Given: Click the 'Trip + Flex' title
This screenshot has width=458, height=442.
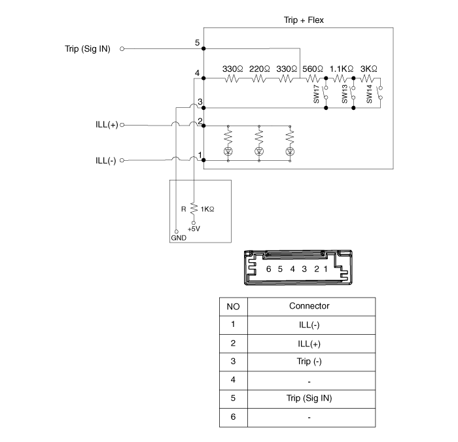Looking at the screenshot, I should pos(298,20).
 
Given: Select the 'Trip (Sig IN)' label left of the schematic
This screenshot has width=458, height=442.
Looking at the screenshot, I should pos(88,48).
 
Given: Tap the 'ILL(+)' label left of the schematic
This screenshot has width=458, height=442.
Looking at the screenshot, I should pos(106,124).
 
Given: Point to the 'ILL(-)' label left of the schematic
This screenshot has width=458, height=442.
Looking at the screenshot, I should pos(105,160).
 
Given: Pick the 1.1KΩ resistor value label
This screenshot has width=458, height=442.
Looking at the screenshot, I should pos(342,68).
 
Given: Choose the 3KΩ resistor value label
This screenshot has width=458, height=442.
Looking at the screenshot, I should pos(369,68).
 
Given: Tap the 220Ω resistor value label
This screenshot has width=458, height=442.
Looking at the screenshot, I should pos(260,68).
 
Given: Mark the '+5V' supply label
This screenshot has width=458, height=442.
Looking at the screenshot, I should pos(194,229).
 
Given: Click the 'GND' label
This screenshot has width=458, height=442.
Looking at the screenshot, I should pos(178,239).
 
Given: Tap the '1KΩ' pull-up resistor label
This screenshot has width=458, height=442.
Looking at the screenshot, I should pos(207,209).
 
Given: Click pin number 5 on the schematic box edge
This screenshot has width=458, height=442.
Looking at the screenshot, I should pos(198,42).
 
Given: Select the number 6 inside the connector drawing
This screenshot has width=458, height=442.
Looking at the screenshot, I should pos(268,269).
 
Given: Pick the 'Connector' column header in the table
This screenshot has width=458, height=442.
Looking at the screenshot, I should pos(309,306).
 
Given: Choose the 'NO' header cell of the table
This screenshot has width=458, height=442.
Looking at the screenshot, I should pos(233,306).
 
